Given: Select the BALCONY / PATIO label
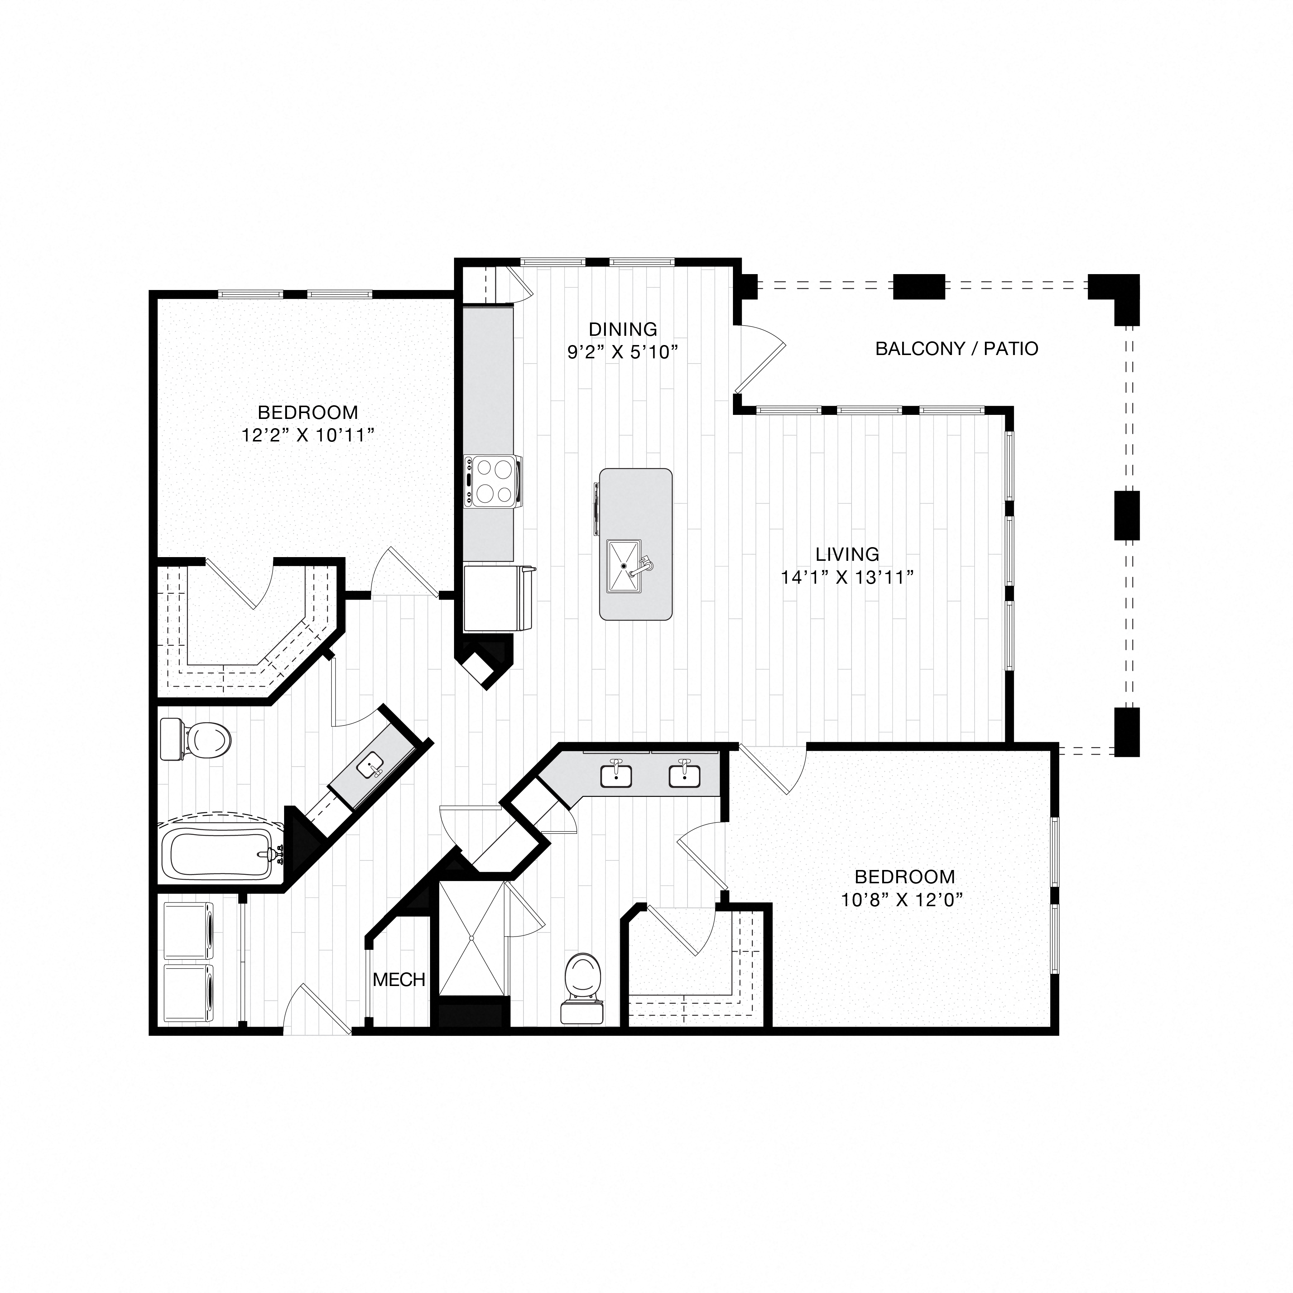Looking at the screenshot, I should (956, 349).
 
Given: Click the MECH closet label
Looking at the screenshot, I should (399, 980).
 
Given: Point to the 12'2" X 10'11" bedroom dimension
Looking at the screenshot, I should (307, 435).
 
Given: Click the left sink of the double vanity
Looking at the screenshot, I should (616, 776).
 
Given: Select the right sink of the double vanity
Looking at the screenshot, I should (684, 776).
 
